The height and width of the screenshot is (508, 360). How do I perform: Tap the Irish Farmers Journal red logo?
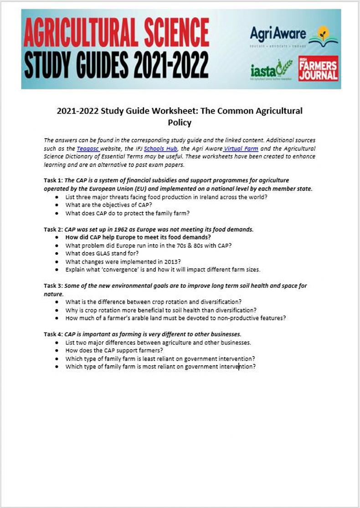tap(318, 69)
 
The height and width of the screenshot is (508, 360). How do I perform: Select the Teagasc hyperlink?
tap(88, 148)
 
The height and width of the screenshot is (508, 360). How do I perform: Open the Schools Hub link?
tap(160, 148)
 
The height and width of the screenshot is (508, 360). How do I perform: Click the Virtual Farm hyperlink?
tap(241, 148)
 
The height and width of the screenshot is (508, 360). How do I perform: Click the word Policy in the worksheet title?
tap(180, 123)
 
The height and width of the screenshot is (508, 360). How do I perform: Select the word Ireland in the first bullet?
tap(207, 197)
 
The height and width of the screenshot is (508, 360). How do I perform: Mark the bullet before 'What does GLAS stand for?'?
tap(56, 254)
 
